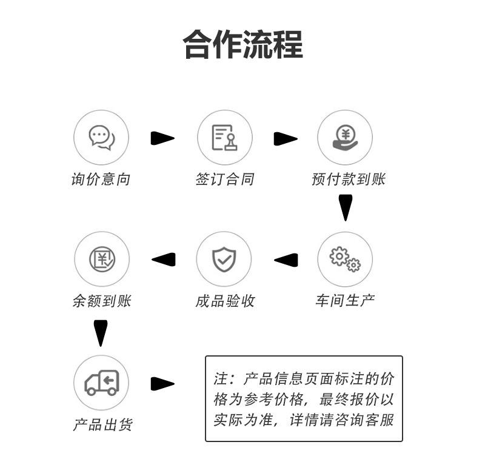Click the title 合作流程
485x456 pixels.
(242, 44)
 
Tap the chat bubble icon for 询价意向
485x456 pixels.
(101, 138)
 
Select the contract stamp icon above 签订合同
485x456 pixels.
(224, 138)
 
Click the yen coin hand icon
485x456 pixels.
(345, 138)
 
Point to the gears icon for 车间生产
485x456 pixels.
(345, 260)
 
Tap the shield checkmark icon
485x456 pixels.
(224, 260)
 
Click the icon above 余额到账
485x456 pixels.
(101, 260)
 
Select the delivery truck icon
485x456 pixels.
(101, 383)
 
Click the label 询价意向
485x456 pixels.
(101, 179)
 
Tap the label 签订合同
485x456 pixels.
(224, 179)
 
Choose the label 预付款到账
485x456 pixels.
(348, 179)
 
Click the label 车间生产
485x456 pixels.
(345, 301)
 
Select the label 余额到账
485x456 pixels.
(101, 301)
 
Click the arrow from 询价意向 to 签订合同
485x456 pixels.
(162, 139)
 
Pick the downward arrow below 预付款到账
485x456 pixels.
(345, 207)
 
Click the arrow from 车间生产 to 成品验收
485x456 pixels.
(286, 260)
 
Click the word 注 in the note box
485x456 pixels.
(219, 380)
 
